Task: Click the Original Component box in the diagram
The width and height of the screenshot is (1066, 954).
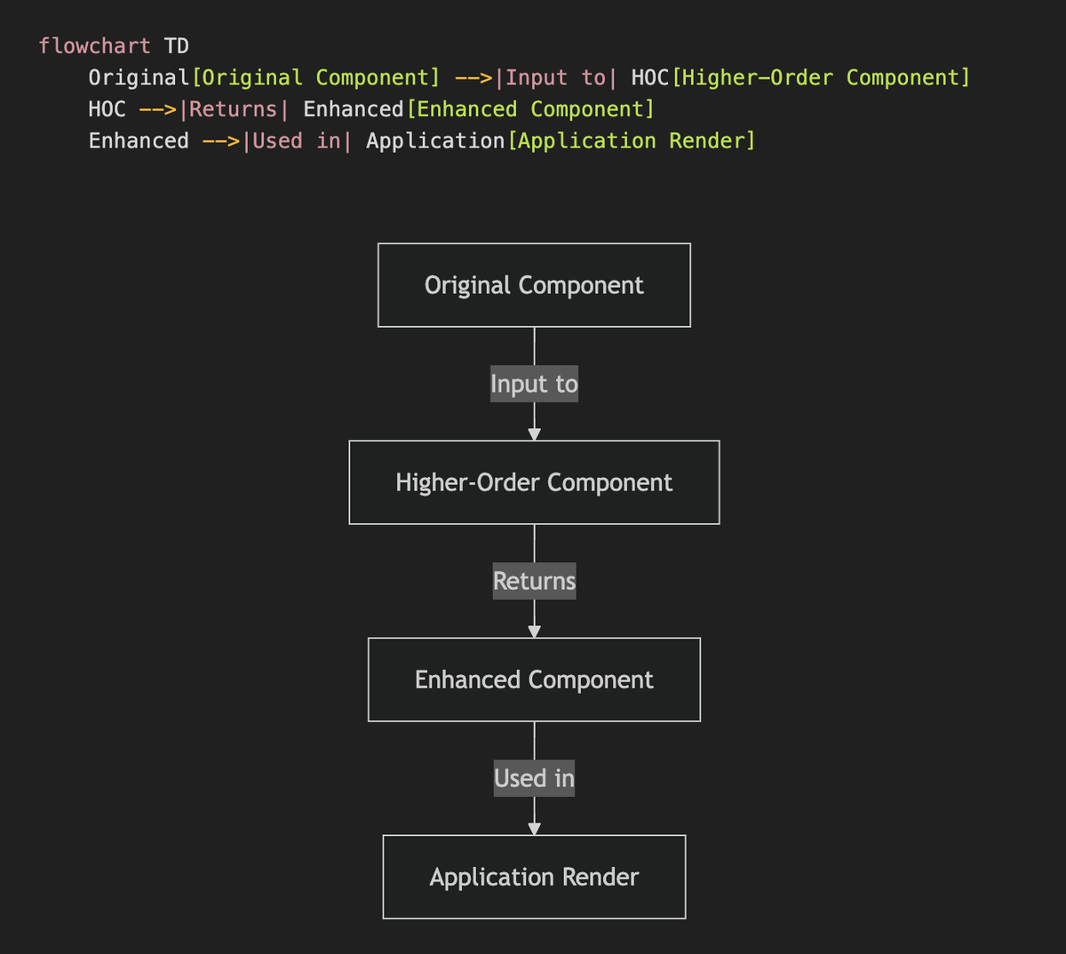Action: (x=534, y=285)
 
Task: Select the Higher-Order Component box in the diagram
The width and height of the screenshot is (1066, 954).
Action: (x=534, y=482)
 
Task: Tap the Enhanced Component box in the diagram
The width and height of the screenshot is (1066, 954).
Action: (x=534, y=680)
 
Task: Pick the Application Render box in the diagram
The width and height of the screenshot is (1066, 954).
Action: (x=534, y=877)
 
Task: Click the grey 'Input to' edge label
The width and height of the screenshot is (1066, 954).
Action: (x=534, y=384)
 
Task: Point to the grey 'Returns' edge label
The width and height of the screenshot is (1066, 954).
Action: (x=534, y=581)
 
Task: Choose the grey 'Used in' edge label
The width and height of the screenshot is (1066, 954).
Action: (x=534, y=778)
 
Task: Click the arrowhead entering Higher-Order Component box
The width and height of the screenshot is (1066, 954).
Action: (x=534, y=434)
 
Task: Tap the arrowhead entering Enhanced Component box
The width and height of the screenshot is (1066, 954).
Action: (x=534, y=632)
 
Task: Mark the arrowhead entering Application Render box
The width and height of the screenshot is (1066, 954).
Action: (x=534, y=829)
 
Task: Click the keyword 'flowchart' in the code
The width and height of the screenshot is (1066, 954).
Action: (x=95, y=46)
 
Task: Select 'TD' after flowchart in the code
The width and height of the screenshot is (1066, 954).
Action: (x=176, y=46)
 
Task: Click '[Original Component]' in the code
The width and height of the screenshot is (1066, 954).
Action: (x=315, y=78)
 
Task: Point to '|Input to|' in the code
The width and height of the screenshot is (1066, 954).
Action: (x=555, y=78)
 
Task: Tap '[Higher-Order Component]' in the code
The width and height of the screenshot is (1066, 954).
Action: (x=821, y=78)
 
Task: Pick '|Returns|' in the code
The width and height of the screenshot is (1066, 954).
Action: (x=234, y=109)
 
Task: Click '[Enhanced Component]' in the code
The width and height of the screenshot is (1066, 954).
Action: (x=530, y=109)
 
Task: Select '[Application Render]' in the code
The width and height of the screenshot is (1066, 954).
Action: (x=632, y=141)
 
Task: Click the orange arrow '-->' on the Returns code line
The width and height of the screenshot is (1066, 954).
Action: (x=158, y=109)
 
